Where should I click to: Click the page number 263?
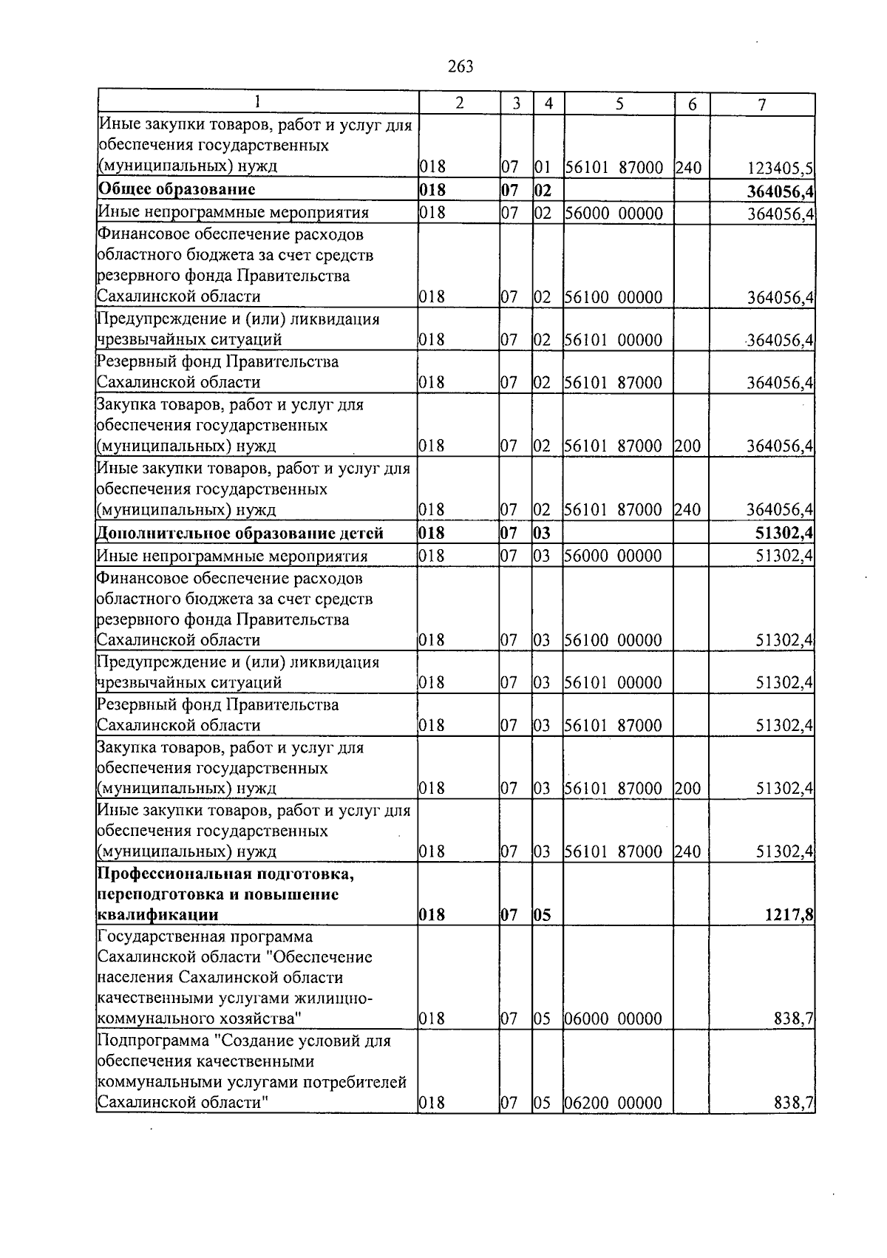pos(460,67)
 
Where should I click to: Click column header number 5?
pos(619,104)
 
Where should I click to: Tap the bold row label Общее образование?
pos(177,189)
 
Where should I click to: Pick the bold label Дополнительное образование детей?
pos(240,533)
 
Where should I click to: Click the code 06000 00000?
pos(613,1019)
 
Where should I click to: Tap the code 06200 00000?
pos(613,1104)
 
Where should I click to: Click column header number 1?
pos(256,103)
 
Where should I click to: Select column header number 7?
pos(761,105)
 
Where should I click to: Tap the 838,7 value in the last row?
pos(794,1104)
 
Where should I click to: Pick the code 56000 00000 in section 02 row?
pos(613,214)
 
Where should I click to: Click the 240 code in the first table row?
pos(687,167)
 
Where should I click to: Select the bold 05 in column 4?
pos(542,915)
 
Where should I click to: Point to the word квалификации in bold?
pos(157,915)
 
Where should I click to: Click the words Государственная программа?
pos(205,937)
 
